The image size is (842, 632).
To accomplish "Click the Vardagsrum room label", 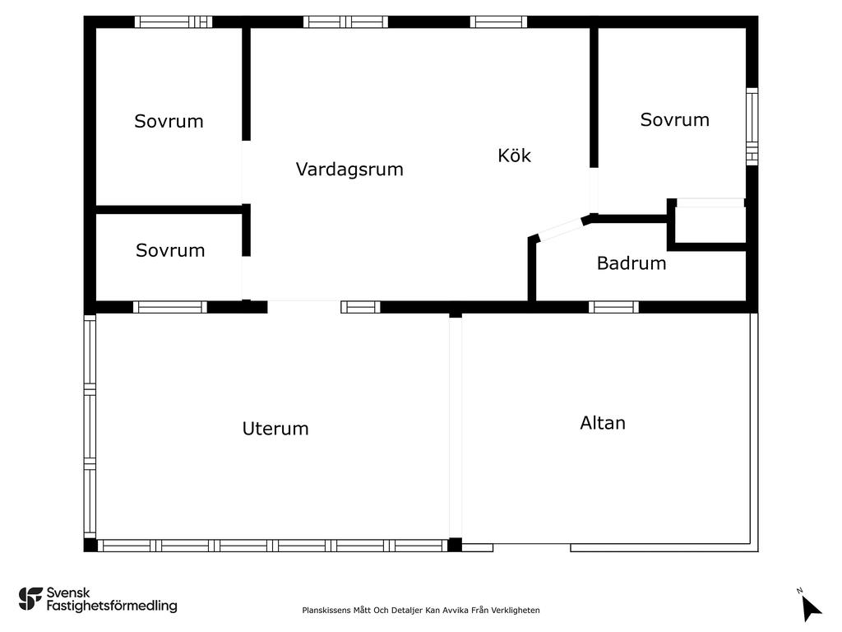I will (349, 170).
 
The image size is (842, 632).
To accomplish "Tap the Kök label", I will (515, 156).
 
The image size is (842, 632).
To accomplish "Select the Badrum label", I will (631, 263).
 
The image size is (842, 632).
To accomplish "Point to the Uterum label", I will (275, 429).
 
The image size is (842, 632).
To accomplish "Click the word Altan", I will (603, 423).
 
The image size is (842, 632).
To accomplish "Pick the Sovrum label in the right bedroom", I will (674, 119).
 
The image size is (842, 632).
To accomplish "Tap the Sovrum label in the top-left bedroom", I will (169, 121).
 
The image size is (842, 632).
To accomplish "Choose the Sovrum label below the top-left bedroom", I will (170, 250).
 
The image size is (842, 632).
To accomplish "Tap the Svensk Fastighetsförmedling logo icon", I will (30, 598).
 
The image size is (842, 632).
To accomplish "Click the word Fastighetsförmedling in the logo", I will (112, 606).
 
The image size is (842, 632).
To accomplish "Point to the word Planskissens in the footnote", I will (327, 611).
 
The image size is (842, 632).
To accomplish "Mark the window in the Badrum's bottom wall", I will (613, 307).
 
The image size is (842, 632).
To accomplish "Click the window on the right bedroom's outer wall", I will (752, 127).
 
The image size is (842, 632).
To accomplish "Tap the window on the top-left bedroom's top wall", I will (173, 22).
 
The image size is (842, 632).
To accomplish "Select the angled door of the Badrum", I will (560, 229).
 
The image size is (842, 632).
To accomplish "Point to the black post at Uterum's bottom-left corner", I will (90, 545).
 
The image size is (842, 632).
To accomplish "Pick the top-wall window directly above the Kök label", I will (498, 22).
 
